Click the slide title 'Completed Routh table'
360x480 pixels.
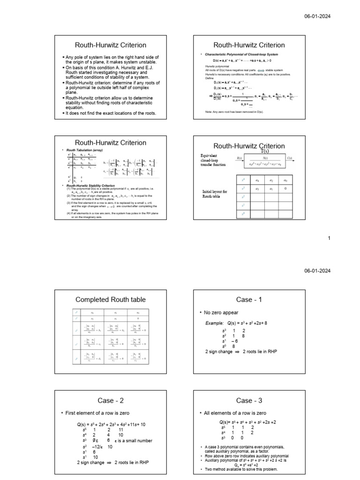(x=111, y=300)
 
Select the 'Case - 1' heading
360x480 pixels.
(x=249, y=300)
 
